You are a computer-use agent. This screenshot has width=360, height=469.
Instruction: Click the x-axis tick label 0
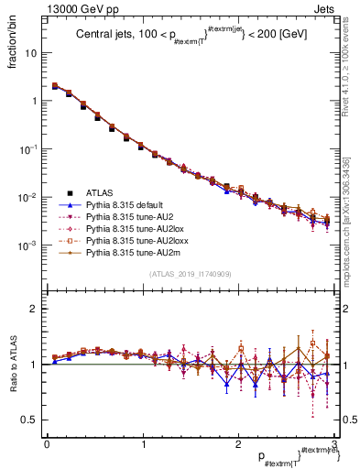pyautogui.click(x=47, y=443)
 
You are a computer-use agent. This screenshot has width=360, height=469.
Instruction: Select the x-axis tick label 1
pyautogui.click(x=142, y=443)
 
